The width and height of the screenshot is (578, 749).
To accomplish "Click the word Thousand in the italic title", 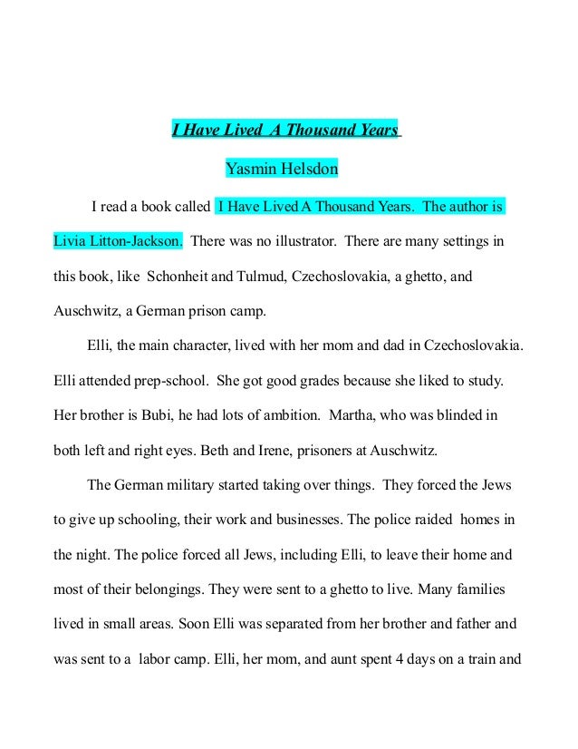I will click(x=311, y=130).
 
